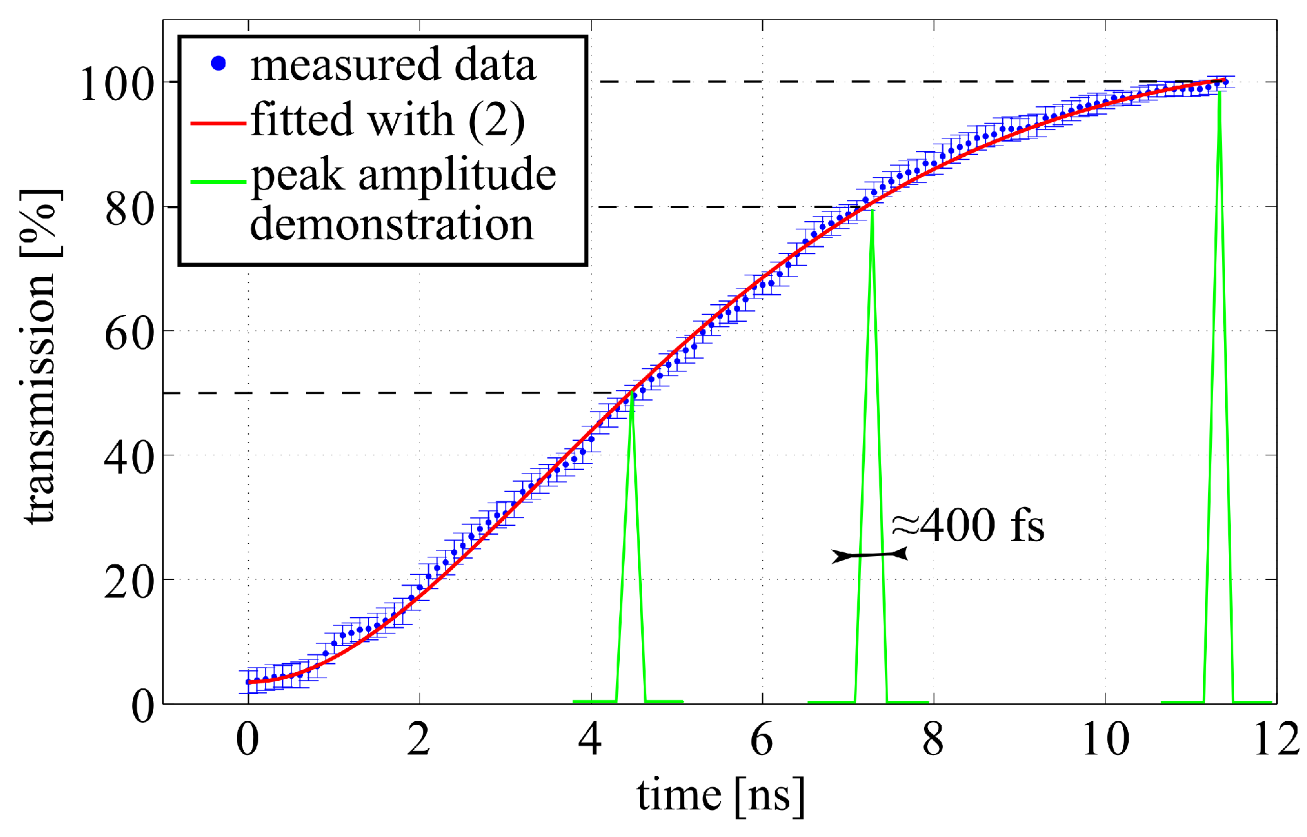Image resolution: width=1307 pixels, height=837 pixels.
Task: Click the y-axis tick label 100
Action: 117,84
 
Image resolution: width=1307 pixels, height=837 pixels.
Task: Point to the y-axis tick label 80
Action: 130,209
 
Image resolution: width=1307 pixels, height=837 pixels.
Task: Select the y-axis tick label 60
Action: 130,333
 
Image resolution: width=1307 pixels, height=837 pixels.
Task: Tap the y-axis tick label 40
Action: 130,457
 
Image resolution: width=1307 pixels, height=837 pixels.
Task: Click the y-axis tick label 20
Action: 130,582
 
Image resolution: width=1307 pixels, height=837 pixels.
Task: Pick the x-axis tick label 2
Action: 419,739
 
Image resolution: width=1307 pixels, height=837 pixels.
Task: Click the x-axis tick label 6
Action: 762,739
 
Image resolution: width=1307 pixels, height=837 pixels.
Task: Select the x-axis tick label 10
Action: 1105,739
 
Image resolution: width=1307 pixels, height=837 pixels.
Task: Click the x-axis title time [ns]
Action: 721,796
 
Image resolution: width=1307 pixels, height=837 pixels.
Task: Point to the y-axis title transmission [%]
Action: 40,356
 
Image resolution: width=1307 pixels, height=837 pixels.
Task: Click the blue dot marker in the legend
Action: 219,64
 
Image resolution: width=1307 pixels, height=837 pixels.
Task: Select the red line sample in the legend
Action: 218,123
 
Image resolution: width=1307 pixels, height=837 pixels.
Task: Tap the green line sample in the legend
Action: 218,181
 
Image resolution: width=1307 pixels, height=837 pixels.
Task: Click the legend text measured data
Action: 393,64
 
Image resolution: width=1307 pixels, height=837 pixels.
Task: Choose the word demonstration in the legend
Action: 391,224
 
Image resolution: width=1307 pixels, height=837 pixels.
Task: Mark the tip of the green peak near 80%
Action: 872,212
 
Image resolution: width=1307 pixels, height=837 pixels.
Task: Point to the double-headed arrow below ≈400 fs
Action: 869,555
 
